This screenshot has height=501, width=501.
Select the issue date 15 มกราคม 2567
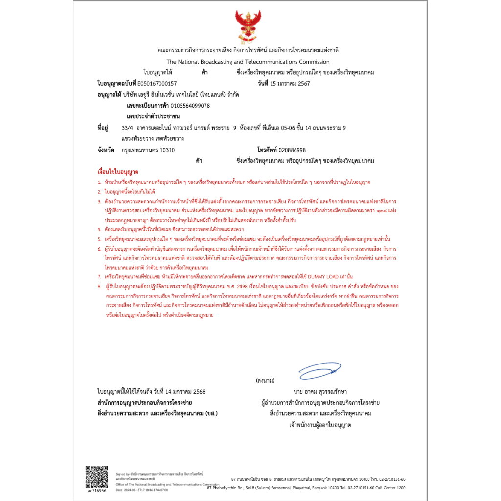click(x=290, y=84)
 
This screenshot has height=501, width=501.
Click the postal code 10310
click(x=167, y=150)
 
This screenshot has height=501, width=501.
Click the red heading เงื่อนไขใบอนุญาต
click(x=118, y=172)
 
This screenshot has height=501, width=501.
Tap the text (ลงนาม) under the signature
click(x=265, y=380)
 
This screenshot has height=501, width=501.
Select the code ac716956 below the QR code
click(x=96, y=490)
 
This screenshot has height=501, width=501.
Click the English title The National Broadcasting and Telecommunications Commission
click(x=248, y=62)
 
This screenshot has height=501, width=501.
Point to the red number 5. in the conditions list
click(x=99, y=239)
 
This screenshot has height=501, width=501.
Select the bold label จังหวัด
click(x=106, y=150)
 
